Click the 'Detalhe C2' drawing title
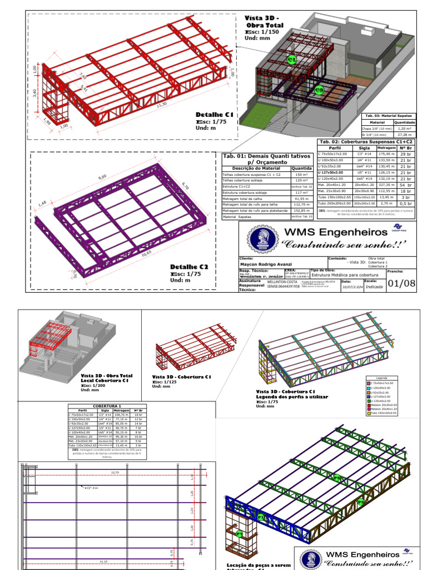click(x=188, y=267)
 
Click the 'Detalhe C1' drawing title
click(x=214, y=115)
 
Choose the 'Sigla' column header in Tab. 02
click(x=364, y=148)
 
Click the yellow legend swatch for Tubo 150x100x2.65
click(x=368, y=413)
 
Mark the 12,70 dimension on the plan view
click(x=115, y=472)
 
